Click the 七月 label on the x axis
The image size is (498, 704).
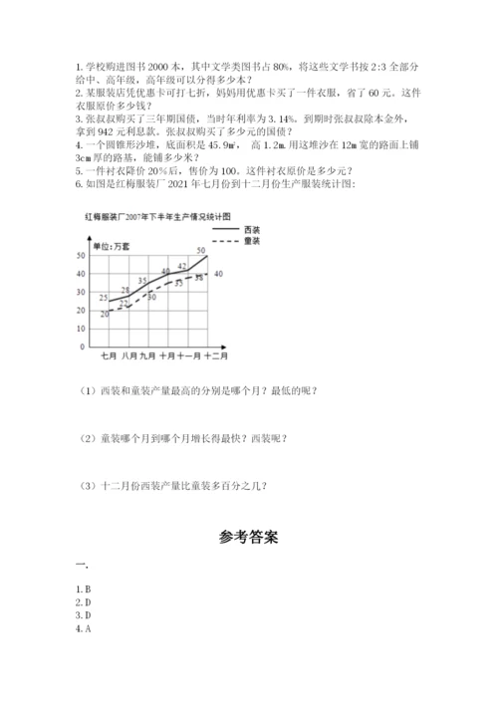pos(109,355)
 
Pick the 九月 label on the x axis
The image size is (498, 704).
pos(147,355)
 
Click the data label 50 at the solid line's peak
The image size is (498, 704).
pos(201,250)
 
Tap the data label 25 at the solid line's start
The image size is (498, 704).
pos(104,297)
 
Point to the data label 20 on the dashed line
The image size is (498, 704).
pos(105,314)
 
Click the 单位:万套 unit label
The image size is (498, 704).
pos(110,245)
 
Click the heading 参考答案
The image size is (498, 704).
pos(248,538)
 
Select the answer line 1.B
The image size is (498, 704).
pos(83,588)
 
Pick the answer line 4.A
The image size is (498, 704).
pos(83,628)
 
